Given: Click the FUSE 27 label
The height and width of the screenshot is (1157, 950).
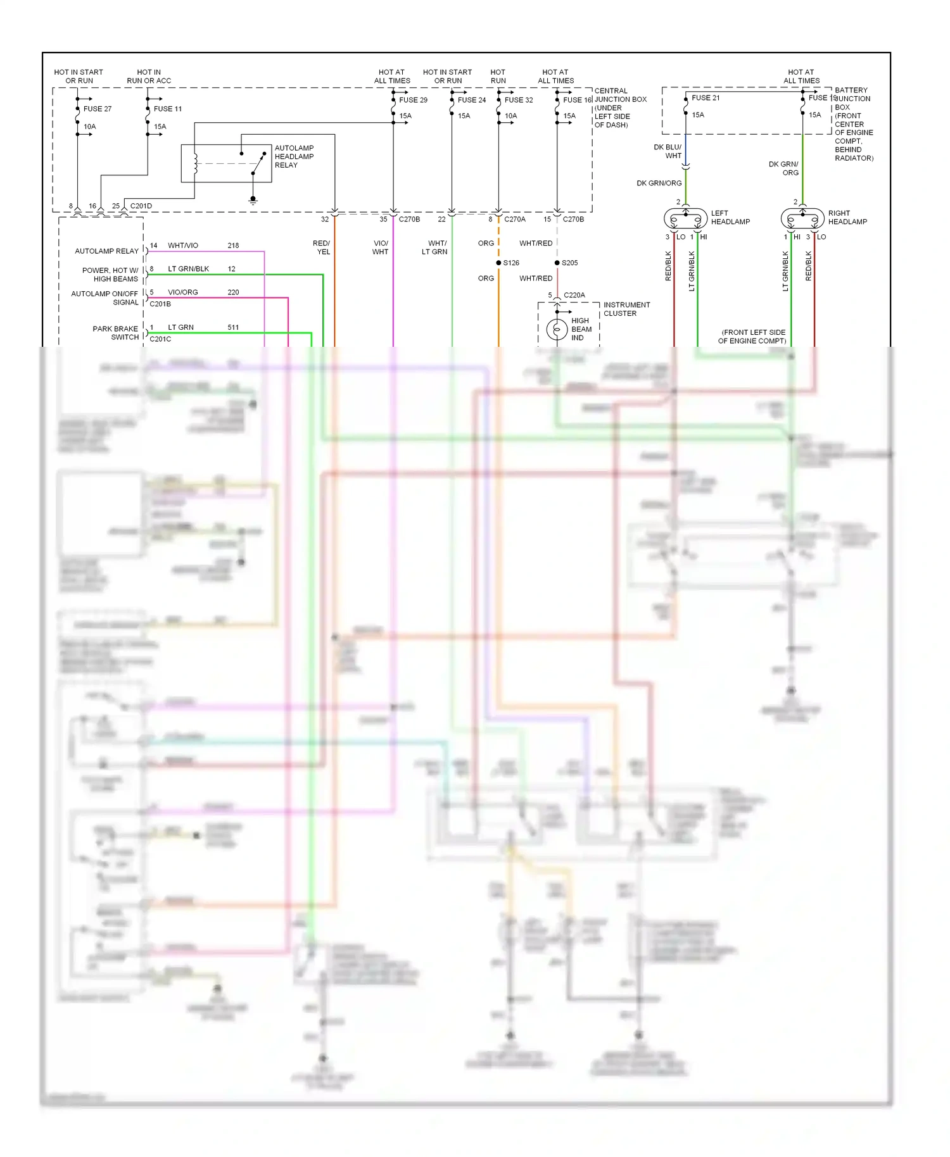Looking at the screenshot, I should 97,109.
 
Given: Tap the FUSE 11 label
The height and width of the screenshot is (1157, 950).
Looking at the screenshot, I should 167,109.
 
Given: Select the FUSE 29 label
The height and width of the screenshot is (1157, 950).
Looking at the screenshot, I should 413,100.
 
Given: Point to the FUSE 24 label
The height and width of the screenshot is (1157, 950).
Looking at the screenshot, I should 472,100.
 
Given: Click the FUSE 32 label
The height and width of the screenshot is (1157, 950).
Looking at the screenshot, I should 519,100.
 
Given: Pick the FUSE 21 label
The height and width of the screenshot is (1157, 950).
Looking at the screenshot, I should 706,98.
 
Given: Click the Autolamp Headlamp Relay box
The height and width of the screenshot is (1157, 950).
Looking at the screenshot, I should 226,163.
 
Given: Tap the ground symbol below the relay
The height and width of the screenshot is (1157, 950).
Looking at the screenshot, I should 253,201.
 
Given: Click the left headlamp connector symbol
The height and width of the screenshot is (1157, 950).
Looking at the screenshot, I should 685,218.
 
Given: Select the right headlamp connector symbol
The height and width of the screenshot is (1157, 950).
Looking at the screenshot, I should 802,218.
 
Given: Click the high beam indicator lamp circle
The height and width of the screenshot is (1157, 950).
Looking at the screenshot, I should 557,330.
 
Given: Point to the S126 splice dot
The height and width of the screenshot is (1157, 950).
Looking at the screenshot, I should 498,263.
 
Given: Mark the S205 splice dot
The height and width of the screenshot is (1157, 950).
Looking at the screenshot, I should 557,263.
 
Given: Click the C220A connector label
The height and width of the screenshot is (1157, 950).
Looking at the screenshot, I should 574,296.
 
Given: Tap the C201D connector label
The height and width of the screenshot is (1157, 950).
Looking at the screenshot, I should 141,206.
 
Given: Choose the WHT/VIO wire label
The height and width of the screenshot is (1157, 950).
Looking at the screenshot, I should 182,246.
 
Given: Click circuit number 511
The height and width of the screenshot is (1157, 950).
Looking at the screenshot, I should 233,328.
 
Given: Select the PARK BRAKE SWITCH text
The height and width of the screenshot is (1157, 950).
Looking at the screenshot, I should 116,333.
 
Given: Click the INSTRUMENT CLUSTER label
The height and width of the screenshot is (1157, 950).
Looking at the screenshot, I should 626,310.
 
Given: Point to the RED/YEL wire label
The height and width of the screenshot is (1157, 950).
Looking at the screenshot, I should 322,247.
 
